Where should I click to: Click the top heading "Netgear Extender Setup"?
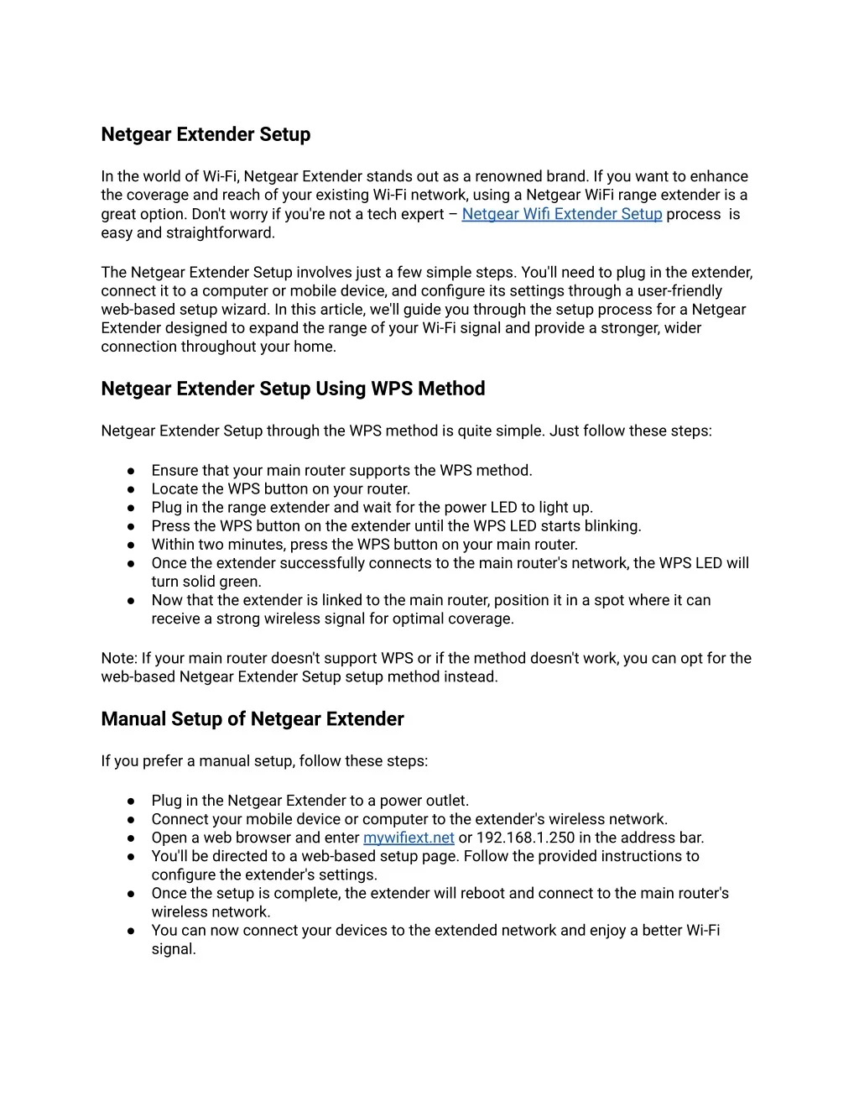click(206, 134)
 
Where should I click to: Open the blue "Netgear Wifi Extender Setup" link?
click(561, 214)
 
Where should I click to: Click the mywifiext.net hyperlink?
click(409, 838)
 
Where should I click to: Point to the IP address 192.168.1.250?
click(526, 838)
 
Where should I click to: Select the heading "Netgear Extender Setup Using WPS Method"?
click(293, 389)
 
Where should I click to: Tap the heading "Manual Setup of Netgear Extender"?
click(252, 719)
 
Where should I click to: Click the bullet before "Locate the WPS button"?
click(132, 489)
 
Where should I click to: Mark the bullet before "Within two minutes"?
click(132, 545)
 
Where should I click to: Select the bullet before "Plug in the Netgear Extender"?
click(132, 801)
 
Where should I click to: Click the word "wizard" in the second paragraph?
click(243, 309)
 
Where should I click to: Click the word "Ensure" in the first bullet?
click(174, 470)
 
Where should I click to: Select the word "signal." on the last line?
click(174, 949)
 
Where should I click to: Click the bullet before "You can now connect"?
click(132, 931)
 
